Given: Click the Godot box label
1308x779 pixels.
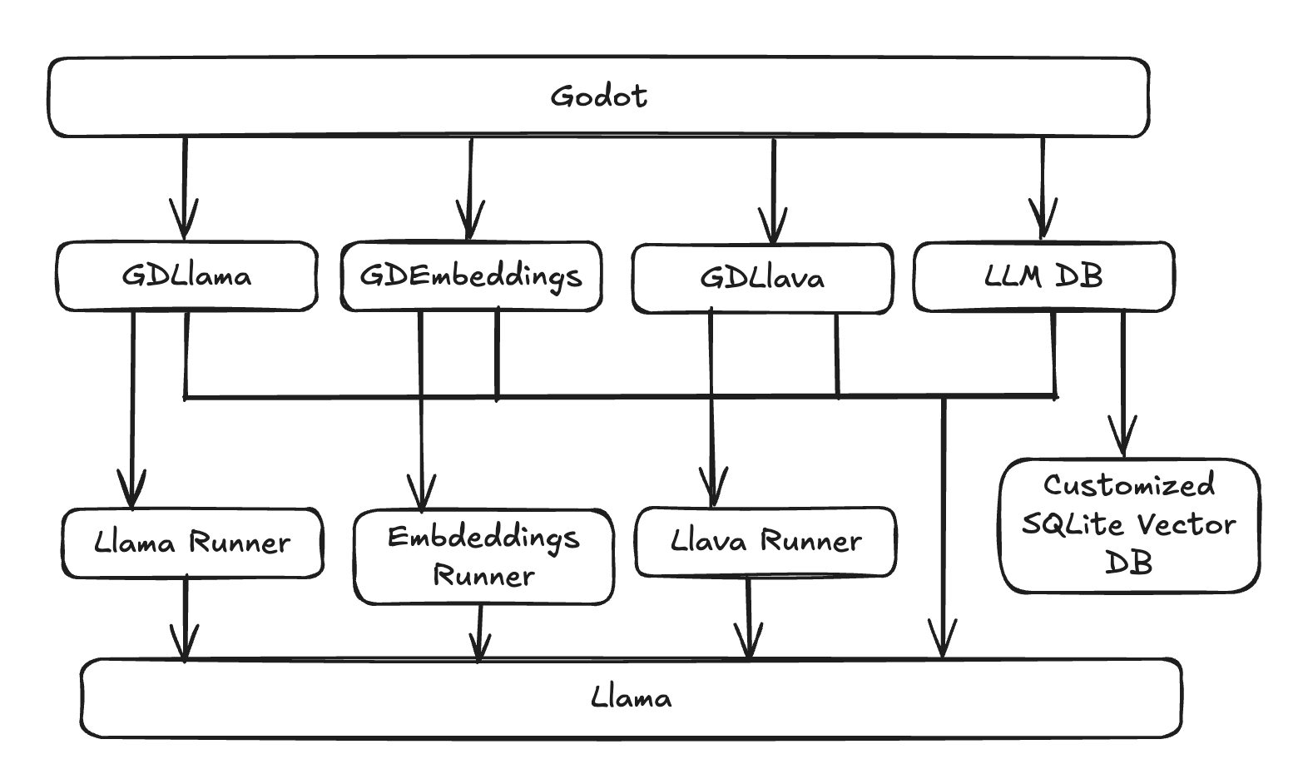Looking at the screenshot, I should click(598, 97).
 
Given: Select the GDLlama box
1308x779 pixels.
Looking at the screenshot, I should click(186, 276).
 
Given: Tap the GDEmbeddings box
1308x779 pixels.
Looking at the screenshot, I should click(471, 276).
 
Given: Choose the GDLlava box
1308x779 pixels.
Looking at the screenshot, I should click(762, 278).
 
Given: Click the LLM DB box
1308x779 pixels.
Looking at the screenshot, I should click(1043, 276).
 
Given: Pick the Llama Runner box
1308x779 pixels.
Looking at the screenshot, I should click(192, 543).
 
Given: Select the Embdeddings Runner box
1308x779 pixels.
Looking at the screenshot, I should click(483, 556).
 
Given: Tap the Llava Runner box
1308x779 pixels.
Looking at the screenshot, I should click(765, 542).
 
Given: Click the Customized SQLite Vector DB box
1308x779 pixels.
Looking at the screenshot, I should click(1129, 525).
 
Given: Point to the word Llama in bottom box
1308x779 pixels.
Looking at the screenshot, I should click(631, 697).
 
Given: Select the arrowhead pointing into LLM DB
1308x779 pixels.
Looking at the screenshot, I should click(1043, 225).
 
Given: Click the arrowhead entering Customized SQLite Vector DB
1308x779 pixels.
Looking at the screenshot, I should click(1123, 442).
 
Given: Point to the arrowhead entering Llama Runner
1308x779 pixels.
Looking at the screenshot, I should click(131, 494).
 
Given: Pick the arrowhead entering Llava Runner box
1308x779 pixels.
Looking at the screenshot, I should click(712, 491).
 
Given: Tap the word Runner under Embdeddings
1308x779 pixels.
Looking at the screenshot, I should click(483, 576).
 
